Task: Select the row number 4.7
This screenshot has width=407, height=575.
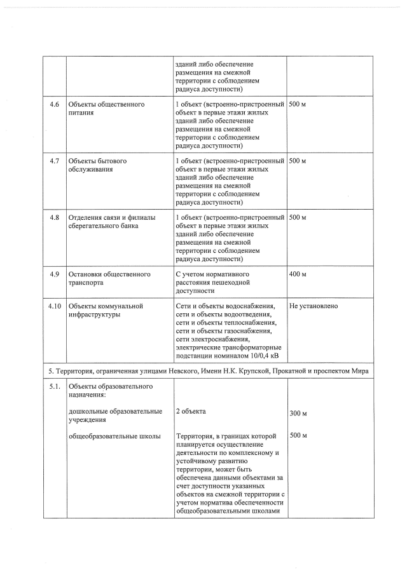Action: coord(54,161)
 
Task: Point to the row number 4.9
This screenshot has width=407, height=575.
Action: coord(54,274)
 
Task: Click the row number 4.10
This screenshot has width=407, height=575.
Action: coord(54,306)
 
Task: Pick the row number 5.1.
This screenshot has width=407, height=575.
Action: coord(54,386)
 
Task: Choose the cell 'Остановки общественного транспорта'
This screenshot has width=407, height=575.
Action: coord(109,278)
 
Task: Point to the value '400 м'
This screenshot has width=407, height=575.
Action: coord(298,274)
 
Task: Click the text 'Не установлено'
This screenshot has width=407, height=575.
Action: coord(314,306)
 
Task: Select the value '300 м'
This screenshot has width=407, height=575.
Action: coord(298,414)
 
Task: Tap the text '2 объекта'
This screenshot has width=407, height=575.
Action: coord(191,412)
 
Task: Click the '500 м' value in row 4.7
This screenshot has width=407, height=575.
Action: coord(298,161)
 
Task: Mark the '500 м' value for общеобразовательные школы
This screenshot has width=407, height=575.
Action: coord(298,435)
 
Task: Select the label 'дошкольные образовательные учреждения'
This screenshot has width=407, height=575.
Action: coord(115,416)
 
